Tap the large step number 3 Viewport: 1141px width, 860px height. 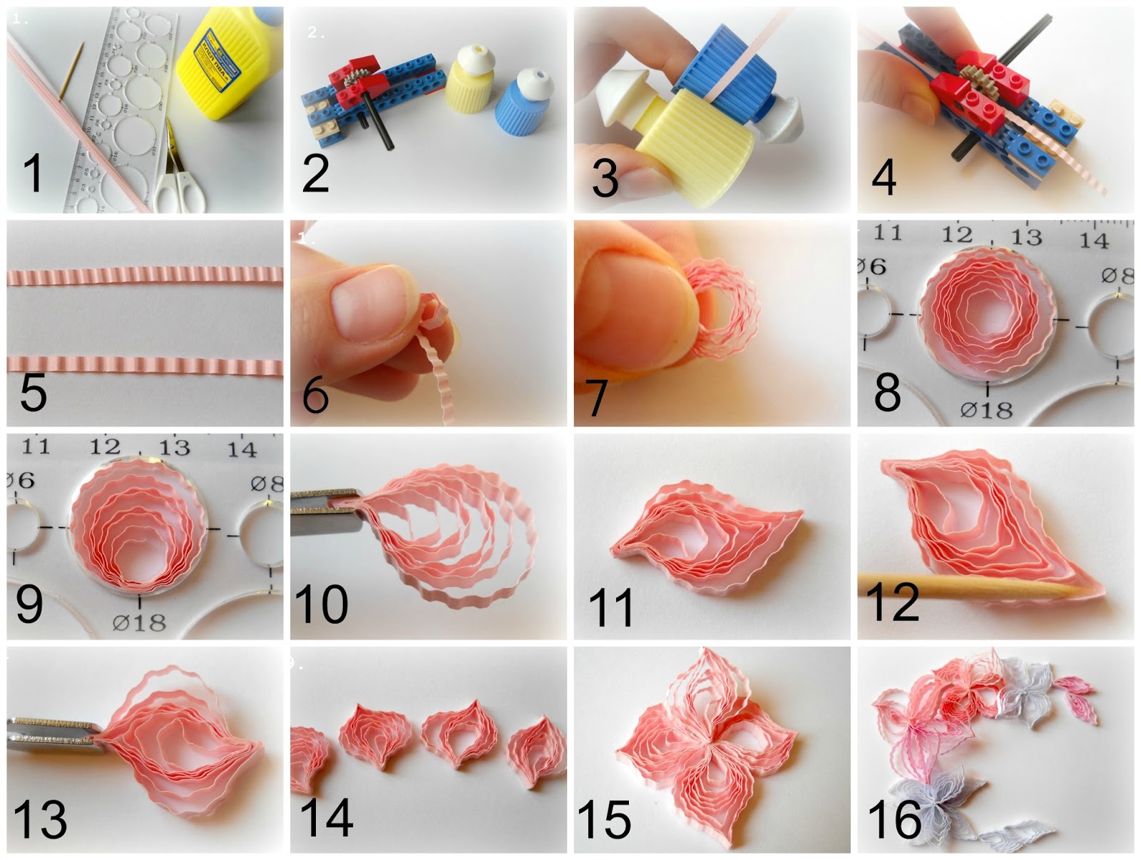click(x=605, y=178)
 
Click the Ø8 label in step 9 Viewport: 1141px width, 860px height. click(x=267, y=484)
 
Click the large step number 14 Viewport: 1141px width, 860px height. click(x=327, y=818)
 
